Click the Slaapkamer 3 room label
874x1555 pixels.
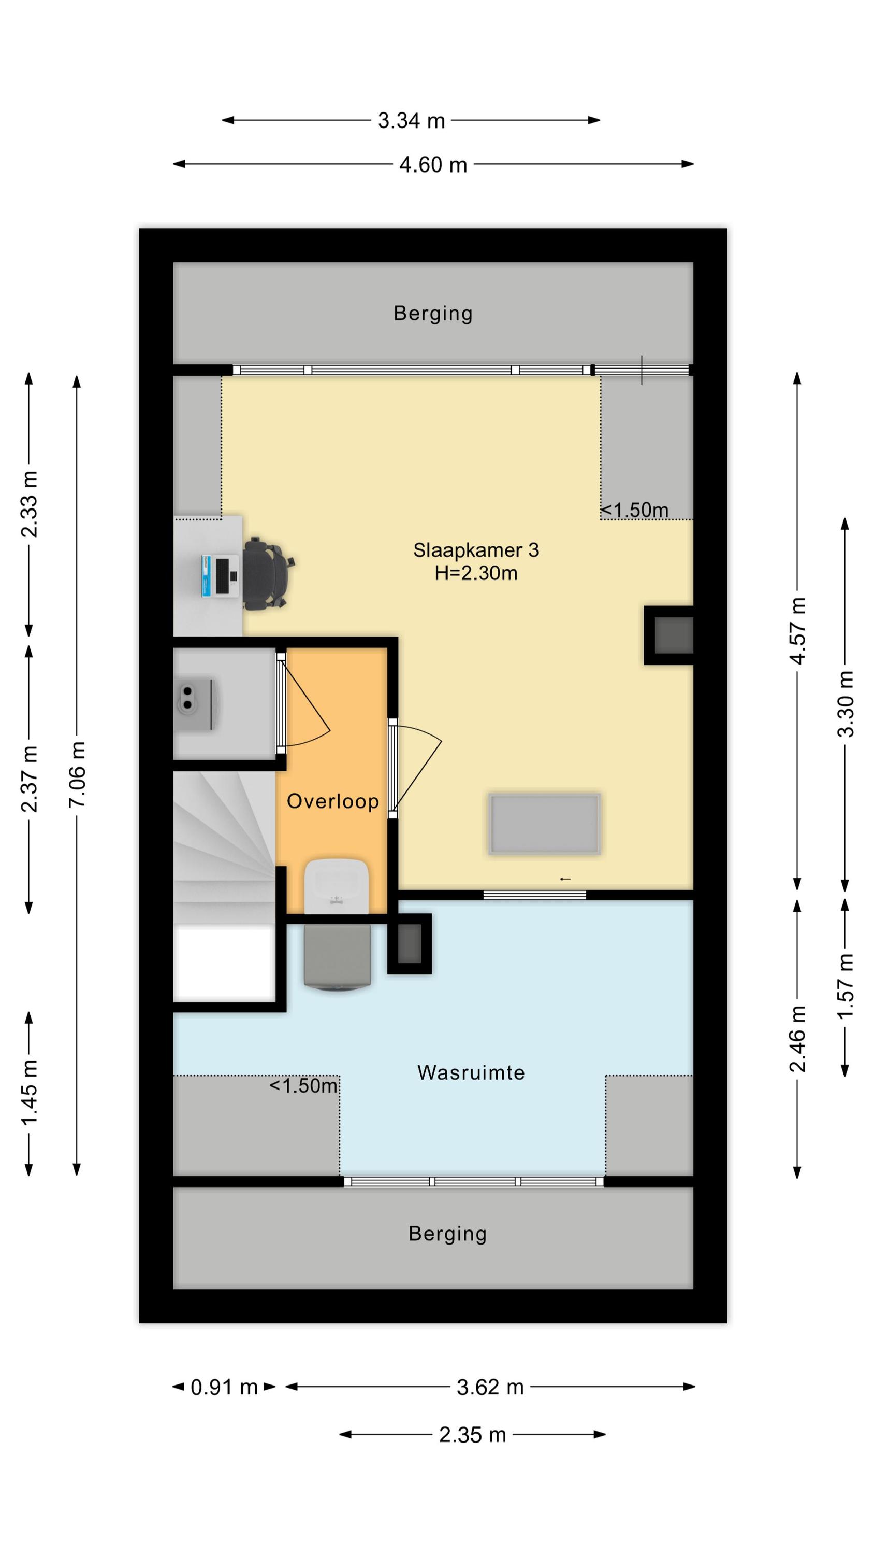[x=476, y=550]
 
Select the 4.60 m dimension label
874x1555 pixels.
[x=433, y=164]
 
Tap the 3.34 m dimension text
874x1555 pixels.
[x=411, y=120]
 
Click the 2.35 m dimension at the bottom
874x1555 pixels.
[x=472, y=1434]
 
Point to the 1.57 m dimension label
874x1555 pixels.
[x=846, y=986]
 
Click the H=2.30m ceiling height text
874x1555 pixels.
[x=476, y=573]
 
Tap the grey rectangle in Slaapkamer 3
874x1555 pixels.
[x=544, y=824]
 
